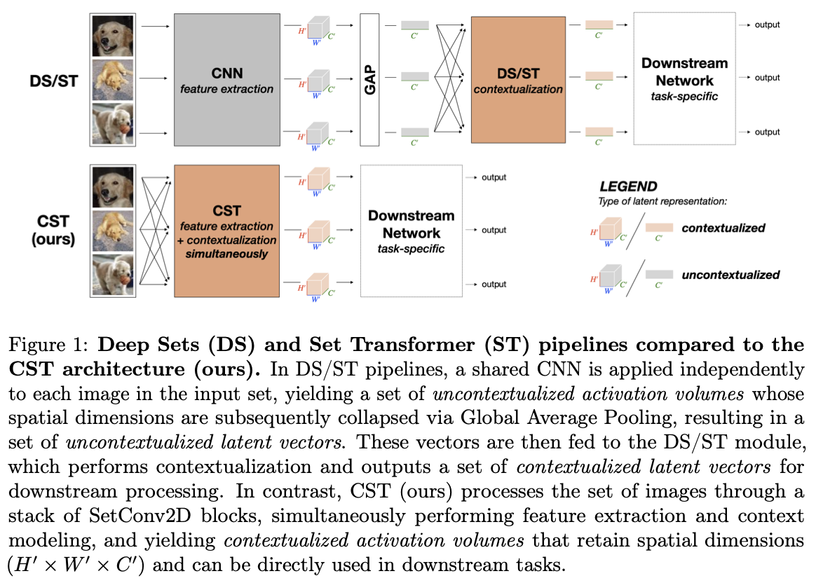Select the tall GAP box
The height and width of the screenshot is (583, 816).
(x=369, y=80)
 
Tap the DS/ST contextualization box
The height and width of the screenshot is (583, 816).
(x=518, y=80)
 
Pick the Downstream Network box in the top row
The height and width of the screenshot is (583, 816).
(x=684, y=80)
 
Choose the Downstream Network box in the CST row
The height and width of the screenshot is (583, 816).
(x=411, y=231)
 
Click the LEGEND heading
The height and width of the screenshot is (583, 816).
(x=628, y=187)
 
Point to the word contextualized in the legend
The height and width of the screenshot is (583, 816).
(x=723, y=228)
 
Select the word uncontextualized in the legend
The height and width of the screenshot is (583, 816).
(x=730, y=275)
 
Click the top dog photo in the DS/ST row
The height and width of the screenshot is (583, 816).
(x=112, y=36)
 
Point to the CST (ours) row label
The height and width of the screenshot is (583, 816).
(x=53, y=230)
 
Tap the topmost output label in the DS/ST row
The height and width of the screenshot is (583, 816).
(x=768, y=25)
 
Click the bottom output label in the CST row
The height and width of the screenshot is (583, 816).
(x=494, y=284)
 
